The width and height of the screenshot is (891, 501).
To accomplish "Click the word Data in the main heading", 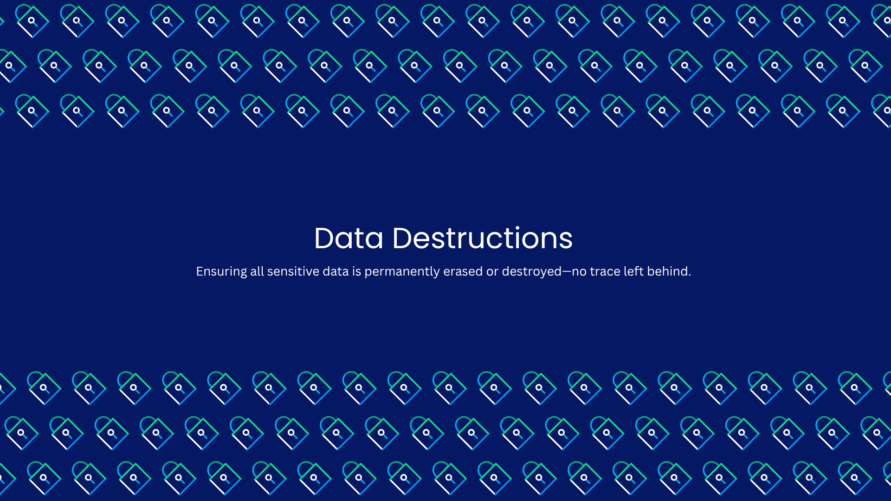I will pyautogui.click(x=349, y=238).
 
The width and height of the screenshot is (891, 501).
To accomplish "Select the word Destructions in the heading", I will pyautogui.click(x=483, y=238).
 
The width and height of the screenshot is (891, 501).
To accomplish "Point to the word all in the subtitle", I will pyautogui.click(x=257, y=271).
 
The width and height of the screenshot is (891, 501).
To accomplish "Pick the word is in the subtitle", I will pyautogui.click(x=356, y=271).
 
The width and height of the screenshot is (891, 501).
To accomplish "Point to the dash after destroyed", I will pyautogui.click(x=567, y=272).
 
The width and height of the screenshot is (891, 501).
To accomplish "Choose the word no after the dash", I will pyautogui.click(x=579, y=272).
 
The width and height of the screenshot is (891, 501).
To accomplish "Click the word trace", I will pyautogui.click(x=605, y=272).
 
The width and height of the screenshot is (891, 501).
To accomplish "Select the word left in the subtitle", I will pyautogui.click(x=633, y=271).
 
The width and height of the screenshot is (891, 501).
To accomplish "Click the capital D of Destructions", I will pyautogui.click(x=402, y=238).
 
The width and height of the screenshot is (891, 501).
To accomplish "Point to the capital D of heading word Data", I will pyautogui.click(x=324, y=238).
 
